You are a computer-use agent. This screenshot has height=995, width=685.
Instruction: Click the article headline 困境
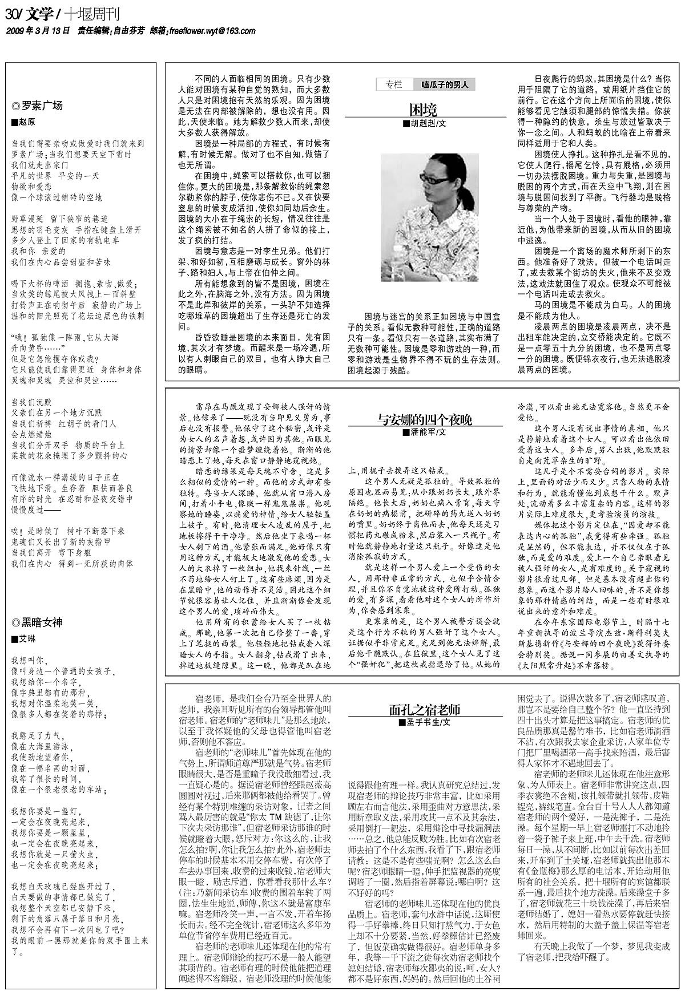[x=424, y=110]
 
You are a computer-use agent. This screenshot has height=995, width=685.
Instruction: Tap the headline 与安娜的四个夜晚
[x=424, y=420]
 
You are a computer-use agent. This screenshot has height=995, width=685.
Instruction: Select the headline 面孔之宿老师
[x=424, y=710]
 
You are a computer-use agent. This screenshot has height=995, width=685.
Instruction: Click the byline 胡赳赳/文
[x=425, y=123]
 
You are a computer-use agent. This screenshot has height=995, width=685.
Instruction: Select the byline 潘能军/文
[x=425, y=432]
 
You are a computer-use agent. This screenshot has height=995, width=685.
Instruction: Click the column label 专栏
[x=394, y=84]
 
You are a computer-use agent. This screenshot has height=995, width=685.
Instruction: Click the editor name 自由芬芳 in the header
[x=129, y=31]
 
